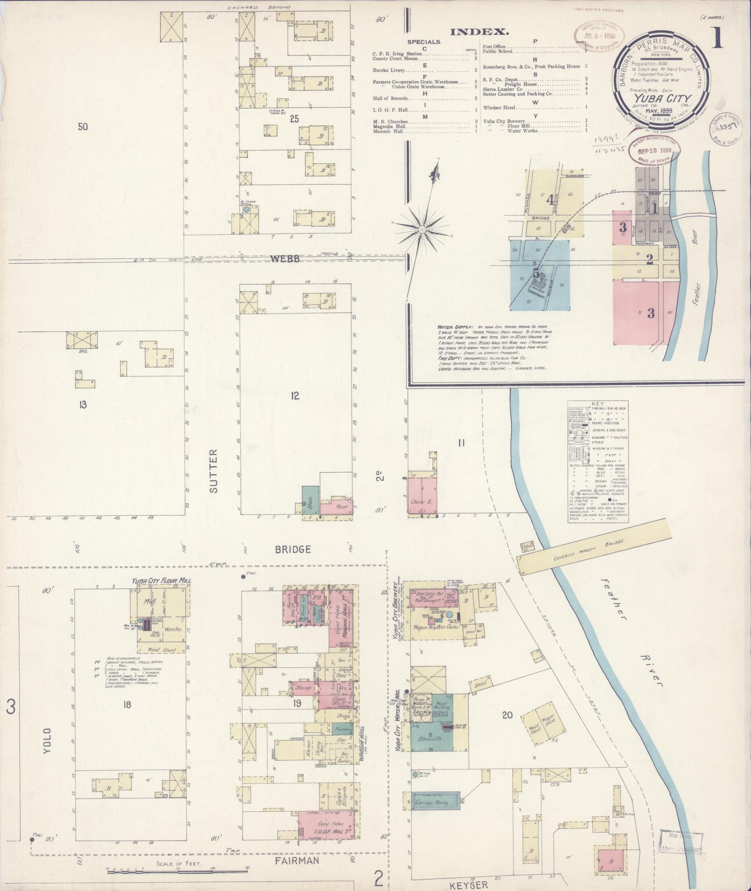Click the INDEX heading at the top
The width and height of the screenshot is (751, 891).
tap(479, 32)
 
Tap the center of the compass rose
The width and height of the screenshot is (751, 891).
tap(421, 229)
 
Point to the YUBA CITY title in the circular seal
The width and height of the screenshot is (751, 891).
tap(661, 98)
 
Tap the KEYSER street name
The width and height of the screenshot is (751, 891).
tap(468, 884)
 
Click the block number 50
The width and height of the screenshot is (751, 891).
tap(83, 126)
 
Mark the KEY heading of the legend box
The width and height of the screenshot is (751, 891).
tap(597, 404)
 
